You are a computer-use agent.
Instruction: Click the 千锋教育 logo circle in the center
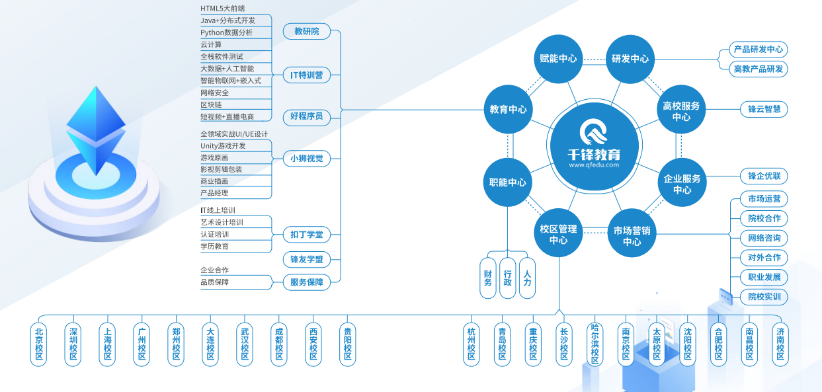point(594,143)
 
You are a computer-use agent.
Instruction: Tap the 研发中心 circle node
point(630,58)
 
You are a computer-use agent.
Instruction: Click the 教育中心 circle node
point(508,109)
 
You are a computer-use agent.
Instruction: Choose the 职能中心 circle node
point(508,182)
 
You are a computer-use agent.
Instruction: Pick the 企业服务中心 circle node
point(681,184)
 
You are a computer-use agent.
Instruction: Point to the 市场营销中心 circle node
point(631,236)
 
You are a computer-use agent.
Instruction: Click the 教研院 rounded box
point(306,31)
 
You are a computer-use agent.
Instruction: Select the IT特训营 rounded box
point(306,75)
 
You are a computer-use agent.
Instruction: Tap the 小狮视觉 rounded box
point(306,158)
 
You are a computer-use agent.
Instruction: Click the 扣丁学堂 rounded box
point(306,235)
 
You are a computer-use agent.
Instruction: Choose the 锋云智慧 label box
point(764,109)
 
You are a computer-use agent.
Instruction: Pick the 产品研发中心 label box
point(758,49)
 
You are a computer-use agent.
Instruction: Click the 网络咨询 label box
point(764,238)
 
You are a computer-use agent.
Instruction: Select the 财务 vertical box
point(488,278)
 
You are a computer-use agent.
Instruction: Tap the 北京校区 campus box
point(39,344)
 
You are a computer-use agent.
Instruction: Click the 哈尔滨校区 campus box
point(595,344)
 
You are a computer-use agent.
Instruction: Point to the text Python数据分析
point(226,32)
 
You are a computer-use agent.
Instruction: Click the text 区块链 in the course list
point(212,104)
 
